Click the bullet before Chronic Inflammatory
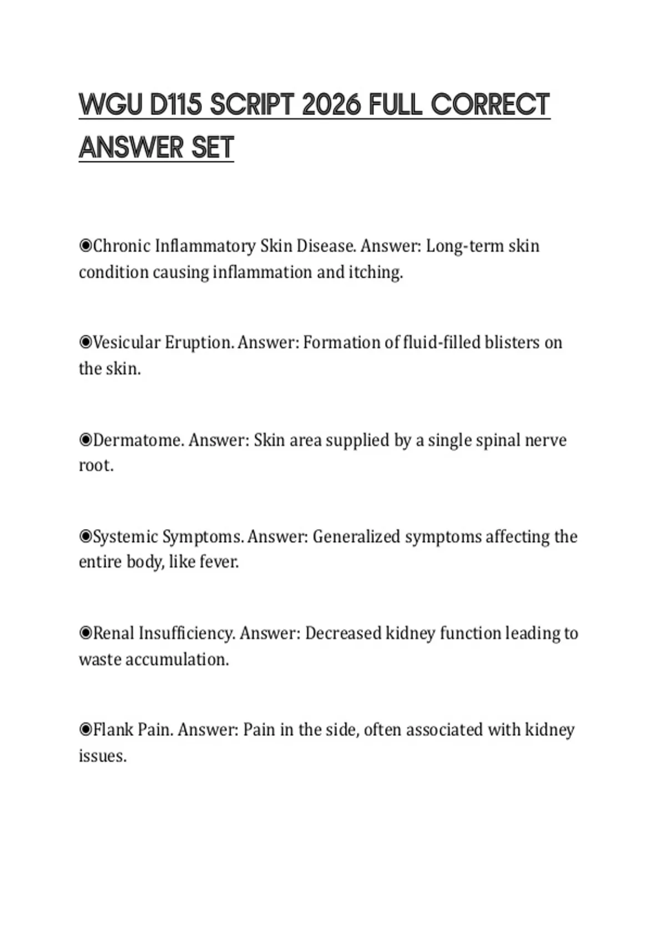click(85, 245)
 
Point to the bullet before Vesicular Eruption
click(85, 342)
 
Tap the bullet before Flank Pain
click(85, 729)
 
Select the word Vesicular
click(127, 342)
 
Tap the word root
click(95, 465)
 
